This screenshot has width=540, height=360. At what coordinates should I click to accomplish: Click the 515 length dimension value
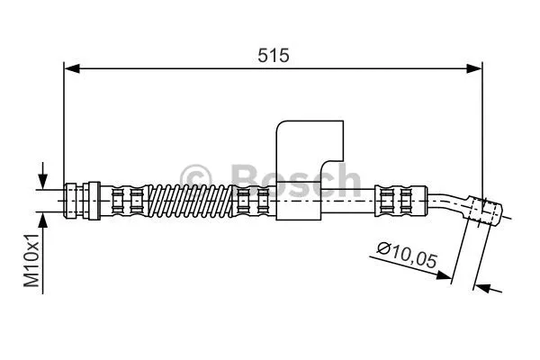[x=273, y=55]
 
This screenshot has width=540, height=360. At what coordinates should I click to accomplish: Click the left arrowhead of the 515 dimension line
[x=70, y=67]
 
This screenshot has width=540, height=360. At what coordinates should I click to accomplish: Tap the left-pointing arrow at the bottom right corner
[x=482, y=288]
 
